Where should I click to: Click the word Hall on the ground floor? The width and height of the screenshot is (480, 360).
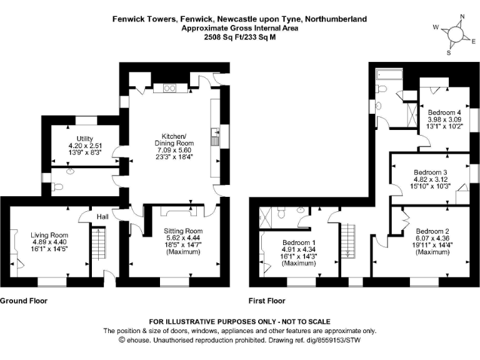click(102, 216)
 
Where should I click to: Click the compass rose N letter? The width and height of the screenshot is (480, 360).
click(462, 17)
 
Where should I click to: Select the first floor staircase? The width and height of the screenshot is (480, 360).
click(347, 244)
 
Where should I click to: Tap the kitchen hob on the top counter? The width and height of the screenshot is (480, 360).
click(169, 88)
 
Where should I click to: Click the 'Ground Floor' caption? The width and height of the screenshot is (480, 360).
click(23, 301)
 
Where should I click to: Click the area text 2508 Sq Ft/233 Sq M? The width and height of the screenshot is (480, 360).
click(239, 37)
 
